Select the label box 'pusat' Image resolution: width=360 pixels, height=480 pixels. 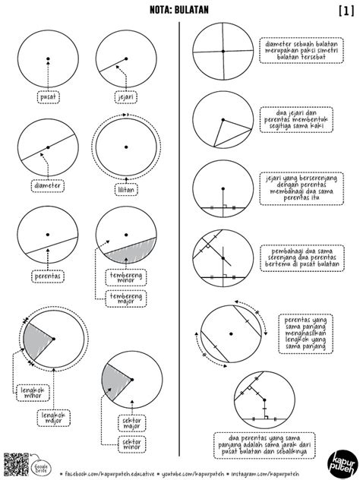(x=47, y=97)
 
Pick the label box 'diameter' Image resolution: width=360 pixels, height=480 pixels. (x=48, y=185)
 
